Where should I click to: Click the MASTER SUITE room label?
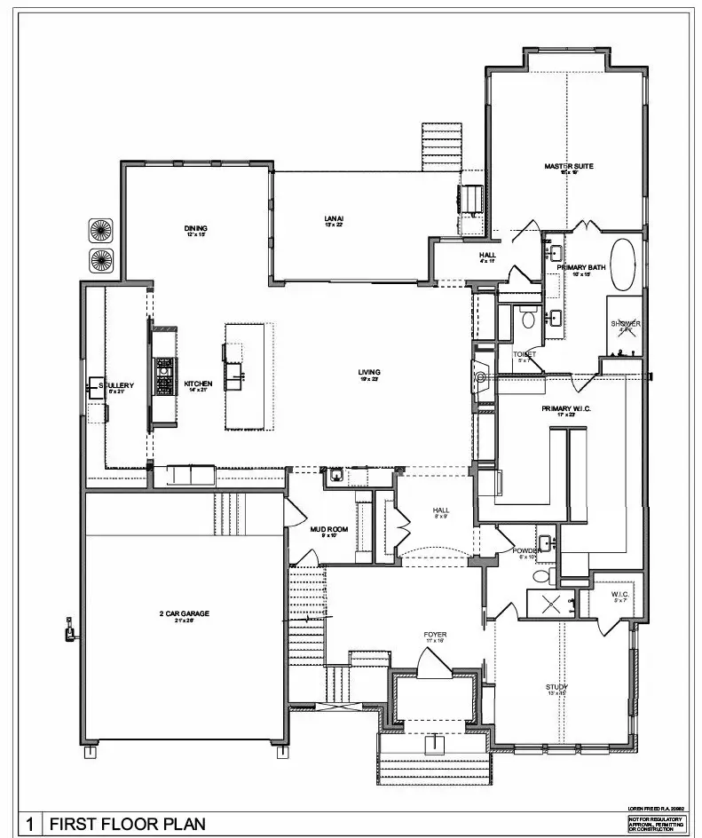point(569,166)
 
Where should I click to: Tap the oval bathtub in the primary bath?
point(623,264)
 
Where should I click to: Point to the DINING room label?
point(195,228)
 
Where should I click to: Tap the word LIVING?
point(369,372)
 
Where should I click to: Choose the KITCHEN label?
point(198,384)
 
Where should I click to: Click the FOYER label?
point(435,635)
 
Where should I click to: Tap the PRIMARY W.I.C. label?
point(566,408)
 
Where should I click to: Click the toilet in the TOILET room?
point(528,316)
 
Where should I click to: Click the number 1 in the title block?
point(29,824)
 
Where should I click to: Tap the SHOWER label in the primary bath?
point(626,324)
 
